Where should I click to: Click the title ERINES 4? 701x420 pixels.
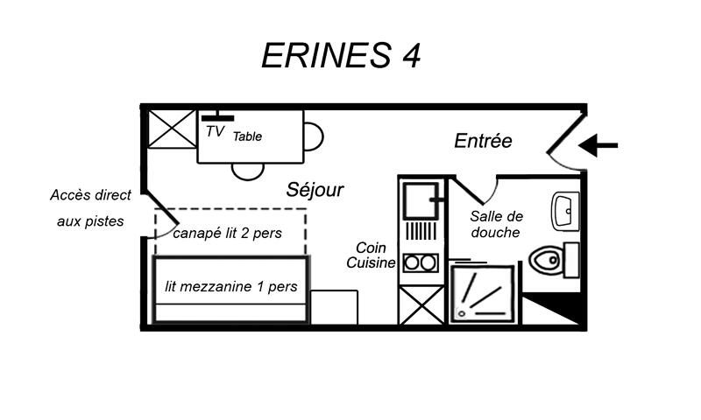point(341,55)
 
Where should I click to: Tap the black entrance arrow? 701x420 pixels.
point(598,145)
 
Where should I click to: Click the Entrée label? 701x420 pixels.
point(483,141)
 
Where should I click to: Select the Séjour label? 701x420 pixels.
point(315,190)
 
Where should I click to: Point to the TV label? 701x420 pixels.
point(215,131)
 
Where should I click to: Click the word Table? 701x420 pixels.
point(247,136)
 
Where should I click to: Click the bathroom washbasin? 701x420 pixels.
point(565,211)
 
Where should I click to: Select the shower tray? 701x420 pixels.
point(482,293)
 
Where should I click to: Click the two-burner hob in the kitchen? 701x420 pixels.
point(421,262)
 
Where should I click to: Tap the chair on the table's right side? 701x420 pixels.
point(314,136)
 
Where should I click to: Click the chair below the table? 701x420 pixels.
point(248,171)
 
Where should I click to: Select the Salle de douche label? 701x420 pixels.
point(496,225)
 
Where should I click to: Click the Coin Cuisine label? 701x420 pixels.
point(371,255)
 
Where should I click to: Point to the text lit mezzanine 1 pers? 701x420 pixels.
point(231,286)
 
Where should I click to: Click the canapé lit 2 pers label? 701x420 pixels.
point(228,233)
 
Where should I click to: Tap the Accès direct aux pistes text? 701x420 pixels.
point(91,208)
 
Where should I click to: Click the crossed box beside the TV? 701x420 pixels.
point(172,129)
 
